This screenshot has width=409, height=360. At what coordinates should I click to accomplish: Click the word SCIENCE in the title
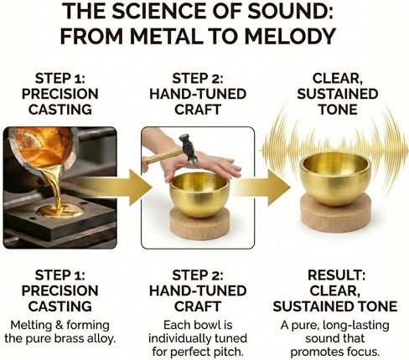click(x=180, y=12)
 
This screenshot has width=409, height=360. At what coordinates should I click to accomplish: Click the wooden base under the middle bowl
click(x=199, y=224)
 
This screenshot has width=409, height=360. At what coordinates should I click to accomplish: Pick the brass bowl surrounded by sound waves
click(x=334, y=173)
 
